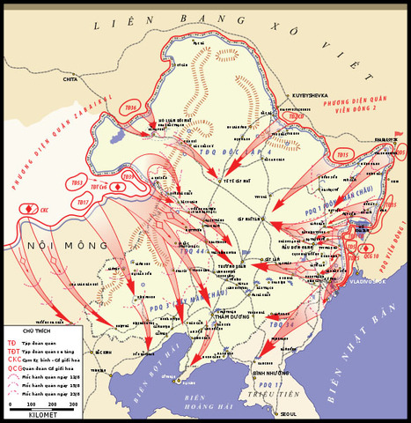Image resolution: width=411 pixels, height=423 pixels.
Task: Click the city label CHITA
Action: [70, 79]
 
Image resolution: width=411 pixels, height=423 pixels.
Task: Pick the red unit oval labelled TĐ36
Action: [130, 108]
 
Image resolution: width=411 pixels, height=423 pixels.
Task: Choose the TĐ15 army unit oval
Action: [344, 153]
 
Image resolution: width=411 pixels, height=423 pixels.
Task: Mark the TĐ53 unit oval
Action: [77, 184]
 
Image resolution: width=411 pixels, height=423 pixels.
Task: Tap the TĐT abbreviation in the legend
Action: [12, 351]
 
